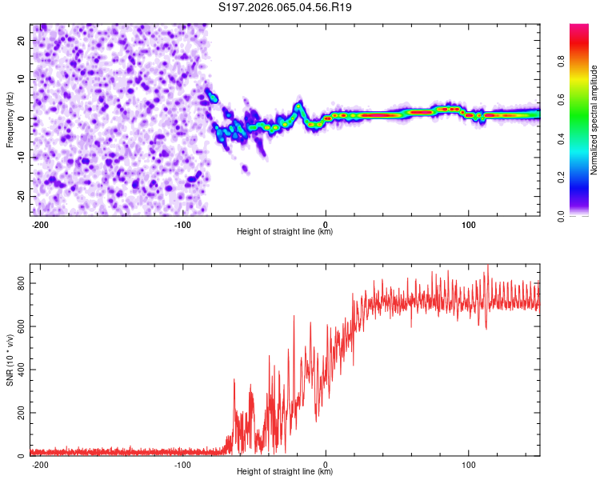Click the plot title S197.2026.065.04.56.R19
[286, 8]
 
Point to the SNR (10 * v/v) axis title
[10, 360]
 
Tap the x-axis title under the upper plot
[285, 232]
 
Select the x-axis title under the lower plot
[285, 472]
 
